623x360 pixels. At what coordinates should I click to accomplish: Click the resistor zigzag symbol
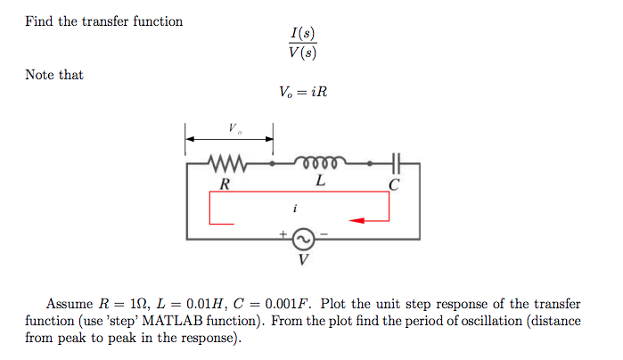[224, 164]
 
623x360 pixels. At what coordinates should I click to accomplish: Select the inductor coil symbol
[319, 163]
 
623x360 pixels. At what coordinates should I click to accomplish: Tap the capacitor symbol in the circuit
[396, 164]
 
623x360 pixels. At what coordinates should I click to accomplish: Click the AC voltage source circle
[303, 239]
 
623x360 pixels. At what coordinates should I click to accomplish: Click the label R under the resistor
[225, 184]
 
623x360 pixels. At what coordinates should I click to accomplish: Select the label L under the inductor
[320, 183]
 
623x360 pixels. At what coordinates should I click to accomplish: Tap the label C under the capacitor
[395, 185]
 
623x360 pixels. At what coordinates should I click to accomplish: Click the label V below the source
[304, 261]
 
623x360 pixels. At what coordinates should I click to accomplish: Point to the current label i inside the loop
[294, 208]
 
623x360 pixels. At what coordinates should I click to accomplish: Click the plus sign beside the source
[283, 234]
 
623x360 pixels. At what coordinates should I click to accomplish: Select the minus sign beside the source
[324, 234]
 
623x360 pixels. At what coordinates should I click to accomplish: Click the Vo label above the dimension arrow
[233, 128]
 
